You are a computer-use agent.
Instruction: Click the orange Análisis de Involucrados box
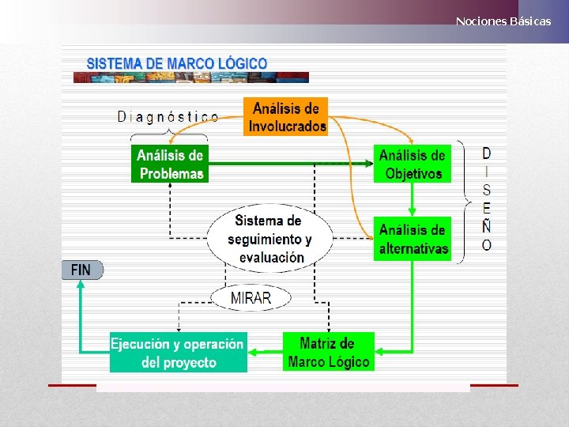point(285,117)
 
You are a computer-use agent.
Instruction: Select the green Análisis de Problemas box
point(170,164)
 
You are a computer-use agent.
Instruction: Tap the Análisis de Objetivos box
point(412,164)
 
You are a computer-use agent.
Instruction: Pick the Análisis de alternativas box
point(413,239)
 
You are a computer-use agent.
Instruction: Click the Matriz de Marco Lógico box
point(328,353)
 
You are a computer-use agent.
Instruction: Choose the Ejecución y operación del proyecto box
point(178,353)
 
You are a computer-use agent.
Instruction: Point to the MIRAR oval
point(251,298)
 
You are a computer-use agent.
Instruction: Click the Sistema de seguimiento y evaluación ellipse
point(269,238)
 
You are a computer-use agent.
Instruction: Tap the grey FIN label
point(81,270)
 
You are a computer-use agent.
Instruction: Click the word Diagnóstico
point(168,117)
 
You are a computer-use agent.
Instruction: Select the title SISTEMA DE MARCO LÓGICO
point(176,62)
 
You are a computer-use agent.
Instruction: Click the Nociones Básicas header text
point(503,21)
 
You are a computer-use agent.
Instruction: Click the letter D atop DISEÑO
point(486,153)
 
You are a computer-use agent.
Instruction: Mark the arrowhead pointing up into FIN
point(80,285)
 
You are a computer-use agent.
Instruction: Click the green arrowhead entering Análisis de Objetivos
point(369,164)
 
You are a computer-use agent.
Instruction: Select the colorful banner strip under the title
point(190,77)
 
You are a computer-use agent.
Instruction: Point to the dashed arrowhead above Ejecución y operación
point(179,327)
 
